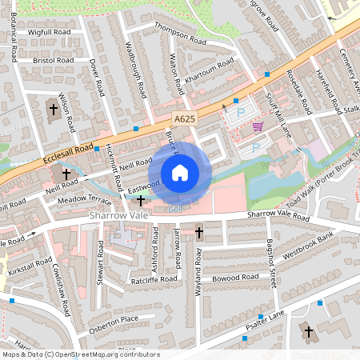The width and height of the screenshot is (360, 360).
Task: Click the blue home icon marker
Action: (x=180, y=173)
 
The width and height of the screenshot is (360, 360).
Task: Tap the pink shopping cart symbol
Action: (x=258, y=126)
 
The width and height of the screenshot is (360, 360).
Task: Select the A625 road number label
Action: (x=184, y=118)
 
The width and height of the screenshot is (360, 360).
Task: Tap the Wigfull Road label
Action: (x=50, y=32)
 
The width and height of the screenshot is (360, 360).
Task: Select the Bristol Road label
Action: (x=54, y=60)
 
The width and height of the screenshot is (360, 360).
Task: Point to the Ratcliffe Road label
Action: (x=154, y=279)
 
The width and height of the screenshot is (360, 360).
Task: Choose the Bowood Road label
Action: (x=235, y=276)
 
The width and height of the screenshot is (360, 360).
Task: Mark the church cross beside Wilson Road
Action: (x=54, y=108)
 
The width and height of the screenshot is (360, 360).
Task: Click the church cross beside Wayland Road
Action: (x=198, y=233)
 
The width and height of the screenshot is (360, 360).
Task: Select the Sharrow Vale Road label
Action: (x=278, y=215)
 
